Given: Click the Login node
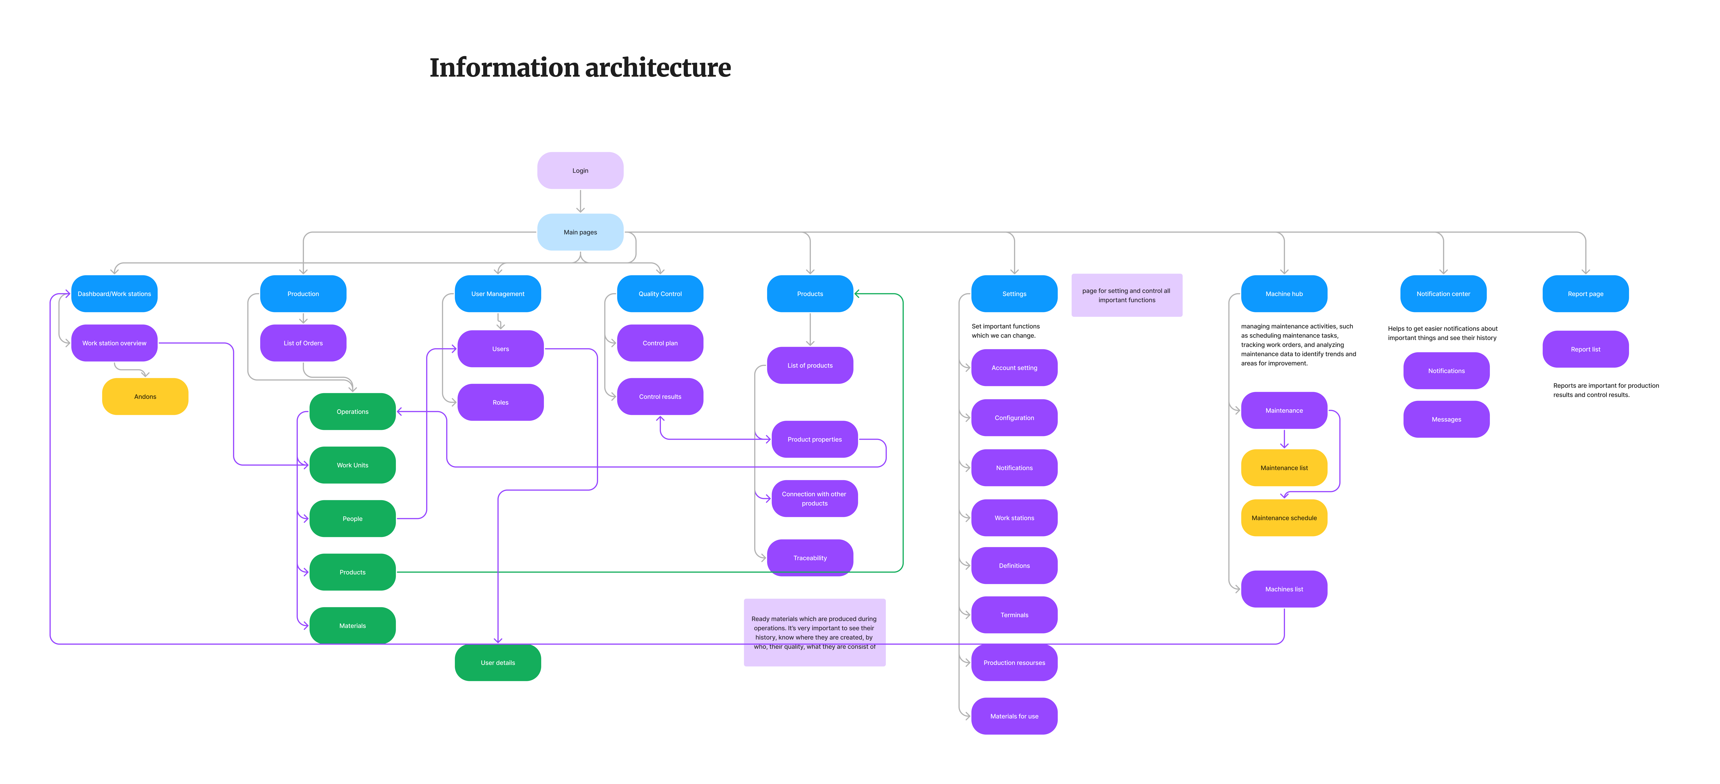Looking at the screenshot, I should click(580, 171).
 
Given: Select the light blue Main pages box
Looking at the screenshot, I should click(580, 232).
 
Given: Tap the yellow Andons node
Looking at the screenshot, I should click(145, 396).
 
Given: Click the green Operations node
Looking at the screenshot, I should click(353, 412).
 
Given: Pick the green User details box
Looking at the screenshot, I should click(497, 663).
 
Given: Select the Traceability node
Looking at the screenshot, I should click(810, 558).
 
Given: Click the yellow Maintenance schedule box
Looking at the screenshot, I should click(1284, 518).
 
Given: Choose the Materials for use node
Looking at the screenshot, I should click(1014, 716).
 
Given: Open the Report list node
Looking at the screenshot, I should click(1585, 349).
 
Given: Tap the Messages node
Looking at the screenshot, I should click(1446, 419).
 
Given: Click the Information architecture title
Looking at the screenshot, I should click(580, 67).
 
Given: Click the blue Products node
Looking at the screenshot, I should click(810, 294).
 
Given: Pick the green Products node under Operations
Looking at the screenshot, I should click(353, 572).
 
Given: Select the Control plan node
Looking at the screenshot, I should click(660, 343).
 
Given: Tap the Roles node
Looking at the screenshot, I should click(500, 402).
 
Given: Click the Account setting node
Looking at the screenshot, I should click(1014, 368).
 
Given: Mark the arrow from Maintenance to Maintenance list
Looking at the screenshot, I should click(1284, 439).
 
